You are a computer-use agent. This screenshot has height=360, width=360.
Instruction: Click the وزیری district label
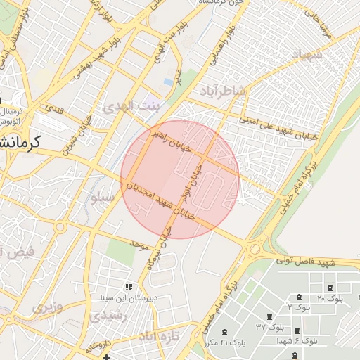click(x=47, y=307)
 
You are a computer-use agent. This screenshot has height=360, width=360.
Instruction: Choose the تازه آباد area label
click(x=160, y=337)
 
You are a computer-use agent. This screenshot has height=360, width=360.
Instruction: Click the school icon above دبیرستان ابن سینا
click(x=128, y=287)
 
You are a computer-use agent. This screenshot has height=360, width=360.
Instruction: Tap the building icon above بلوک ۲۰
click(x=330, y=288)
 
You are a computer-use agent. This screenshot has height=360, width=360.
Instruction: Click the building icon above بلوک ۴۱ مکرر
click(x=224, y=332)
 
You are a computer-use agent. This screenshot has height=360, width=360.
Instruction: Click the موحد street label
click(x=138, y=244)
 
